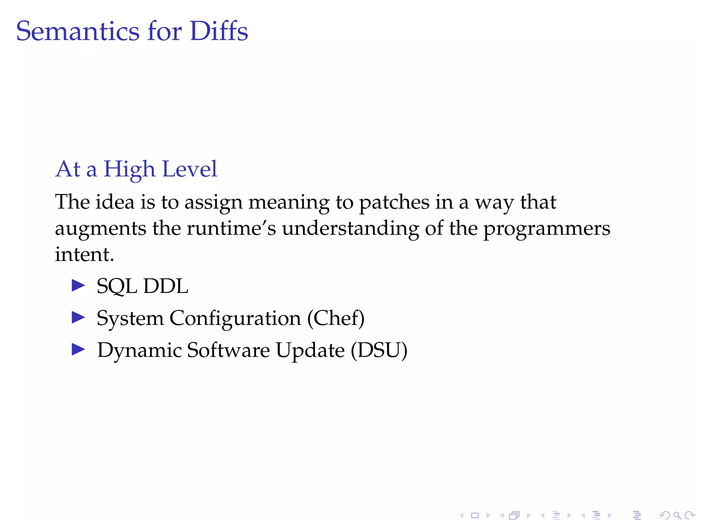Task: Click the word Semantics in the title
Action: coord(78,32)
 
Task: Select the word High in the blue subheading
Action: coord(129,170)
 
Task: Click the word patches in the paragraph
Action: coord(394,202)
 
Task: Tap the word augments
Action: coord(100,228)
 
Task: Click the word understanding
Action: coord(350,228)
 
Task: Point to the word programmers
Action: coord(547,229)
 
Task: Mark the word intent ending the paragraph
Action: coord(82,254)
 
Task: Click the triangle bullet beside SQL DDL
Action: coord(78,285)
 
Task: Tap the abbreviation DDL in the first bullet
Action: coord(166,286)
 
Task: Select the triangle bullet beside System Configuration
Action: coord(78,317)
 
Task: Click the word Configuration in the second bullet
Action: coord(235,318)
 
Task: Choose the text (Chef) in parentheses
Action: coord(336,318)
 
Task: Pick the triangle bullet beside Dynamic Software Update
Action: coord(78,350)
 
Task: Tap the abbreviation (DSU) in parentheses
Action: coord(379,350)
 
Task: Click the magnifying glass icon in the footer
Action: coord(677,515)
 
